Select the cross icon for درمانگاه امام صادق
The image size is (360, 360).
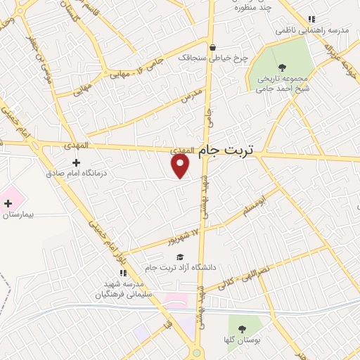(76, 163)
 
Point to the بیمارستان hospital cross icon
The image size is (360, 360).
(8, 205)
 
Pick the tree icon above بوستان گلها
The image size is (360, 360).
(242, 328)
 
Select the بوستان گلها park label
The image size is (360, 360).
(242, 339)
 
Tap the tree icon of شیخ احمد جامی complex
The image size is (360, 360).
(282, 68)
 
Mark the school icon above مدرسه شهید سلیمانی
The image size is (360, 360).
(123, 273)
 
